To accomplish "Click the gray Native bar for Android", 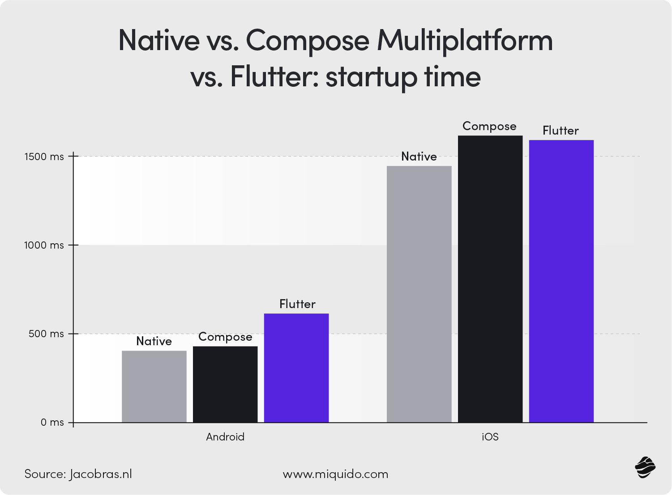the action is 154,386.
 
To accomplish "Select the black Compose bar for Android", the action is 225,385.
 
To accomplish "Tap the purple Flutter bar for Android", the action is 296,368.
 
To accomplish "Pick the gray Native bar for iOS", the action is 419,294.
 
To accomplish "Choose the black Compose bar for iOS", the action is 490,279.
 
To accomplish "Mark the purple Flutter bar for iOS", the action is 561,281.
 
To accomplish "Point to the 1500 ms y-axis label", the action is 44,157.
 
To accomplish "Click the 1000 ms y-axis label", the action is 44,245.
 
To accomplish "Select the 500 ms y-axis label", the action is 46,334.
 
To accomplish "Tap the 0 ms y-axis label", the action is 52,423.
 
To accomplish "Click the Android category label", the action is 225,437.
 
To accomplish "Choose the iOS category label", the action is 490,437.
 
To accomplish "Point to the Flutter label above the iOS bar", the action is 561,131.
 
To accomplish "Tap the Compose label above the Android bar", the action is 225,337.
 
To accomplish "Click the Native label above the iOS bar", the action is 419,157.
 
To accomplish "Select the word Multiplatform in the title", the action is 464,41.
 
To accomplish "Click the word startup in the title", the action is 372,77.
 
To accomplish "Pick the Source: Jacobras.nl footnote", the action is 78,474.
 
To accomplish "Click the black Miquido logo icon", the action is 645,467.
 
